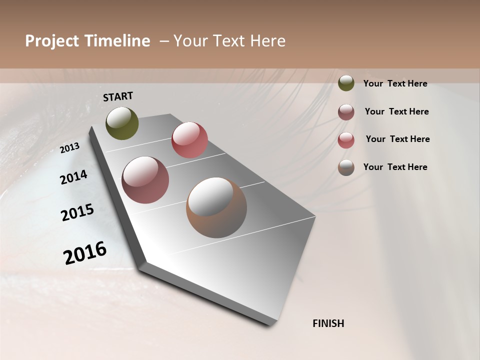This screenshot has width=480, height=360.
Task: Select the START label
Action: tap(118, 96)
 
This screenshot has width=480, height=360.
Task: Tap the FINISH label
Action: tap(328, 323)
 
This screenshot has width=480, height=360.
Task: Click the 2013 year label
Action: tap(70, 148)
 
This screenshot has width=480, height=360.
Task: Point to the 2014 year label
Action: tap(74, 177)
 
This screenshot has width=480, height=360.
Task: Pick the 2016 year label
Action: tap(85, 253)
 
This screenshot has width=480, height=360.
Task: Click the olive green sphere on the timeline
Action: tap(122, 123)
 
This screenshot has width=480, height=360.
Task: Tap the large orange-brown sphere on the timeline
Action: tap(216, 208)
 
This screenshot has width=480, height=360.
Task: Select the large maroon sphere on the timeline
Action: tap(145, 180)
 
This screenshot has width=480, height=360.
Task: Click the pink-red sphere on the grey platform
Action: tap(189, 140)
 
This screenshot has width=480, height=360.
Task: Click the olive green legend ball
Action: tap(346, 83)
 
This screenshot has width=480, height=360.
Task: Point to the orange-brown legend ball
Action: tap(346, 167)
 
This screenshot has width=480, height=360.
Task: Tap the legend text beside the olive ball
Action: tap(395, 84)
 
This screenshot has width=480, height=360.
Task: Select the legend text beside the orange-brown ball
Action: tap(395, 167)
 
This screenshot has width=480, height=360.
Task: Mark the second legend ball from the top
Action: tap(346, 112)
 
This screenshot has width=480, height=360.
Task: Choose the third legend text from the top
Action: tap(397, 139)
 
